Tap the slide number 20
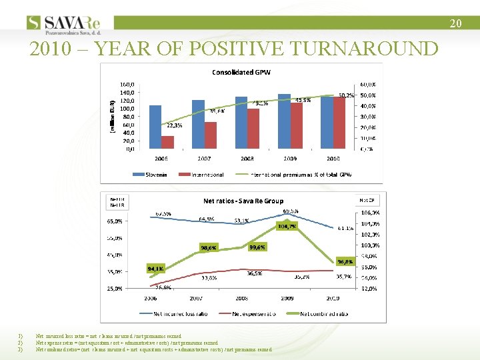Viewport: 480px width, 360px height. tap(455, 23)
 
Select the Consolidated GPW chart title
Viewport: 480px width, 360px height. tap(241, 72)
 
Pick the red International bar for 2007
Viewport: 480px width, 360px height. tap(211, 135)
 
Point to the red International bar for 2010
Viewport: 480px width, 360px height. tap(339, 123)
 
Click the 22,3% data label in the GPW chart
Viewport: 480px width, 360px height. tap(175, 125)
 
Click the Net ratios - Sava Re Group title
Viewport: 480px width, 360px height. tap(243, 200)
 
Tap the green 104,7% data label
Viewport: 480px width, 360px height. tap(287, 226)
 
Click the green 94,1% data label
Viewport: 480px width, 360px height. tap(156, 268)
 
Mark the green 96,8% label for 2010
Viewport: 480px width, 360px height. tap(345, 261)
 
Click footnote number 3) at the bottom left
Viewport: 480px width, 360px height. tap(21, 349)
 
